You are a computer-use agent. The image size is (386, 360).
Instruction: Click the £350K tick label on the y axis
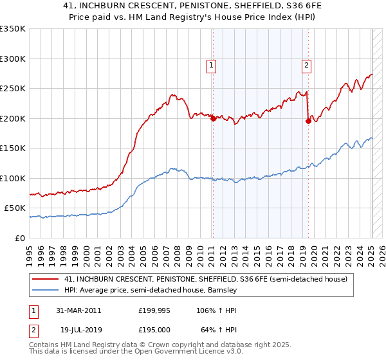tap(13, 29)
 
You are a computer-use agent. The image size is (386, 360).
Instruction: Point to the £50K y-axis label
tap(15, 208)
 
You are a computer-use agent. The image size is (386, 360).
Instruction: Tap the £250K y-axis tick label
tap(13, 89)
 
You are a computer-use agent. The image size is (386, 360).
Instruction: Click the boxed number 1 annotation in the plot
tap(211, 64)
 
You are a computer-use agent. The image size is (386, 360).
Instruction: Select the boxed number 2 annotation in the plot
tap(306, 64)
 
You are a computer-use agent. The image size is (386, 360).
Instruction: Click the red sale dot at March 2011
tap(213, 118)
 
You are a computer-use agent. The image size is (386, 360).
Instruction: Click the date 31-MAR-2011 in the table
tap(77, 310)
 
